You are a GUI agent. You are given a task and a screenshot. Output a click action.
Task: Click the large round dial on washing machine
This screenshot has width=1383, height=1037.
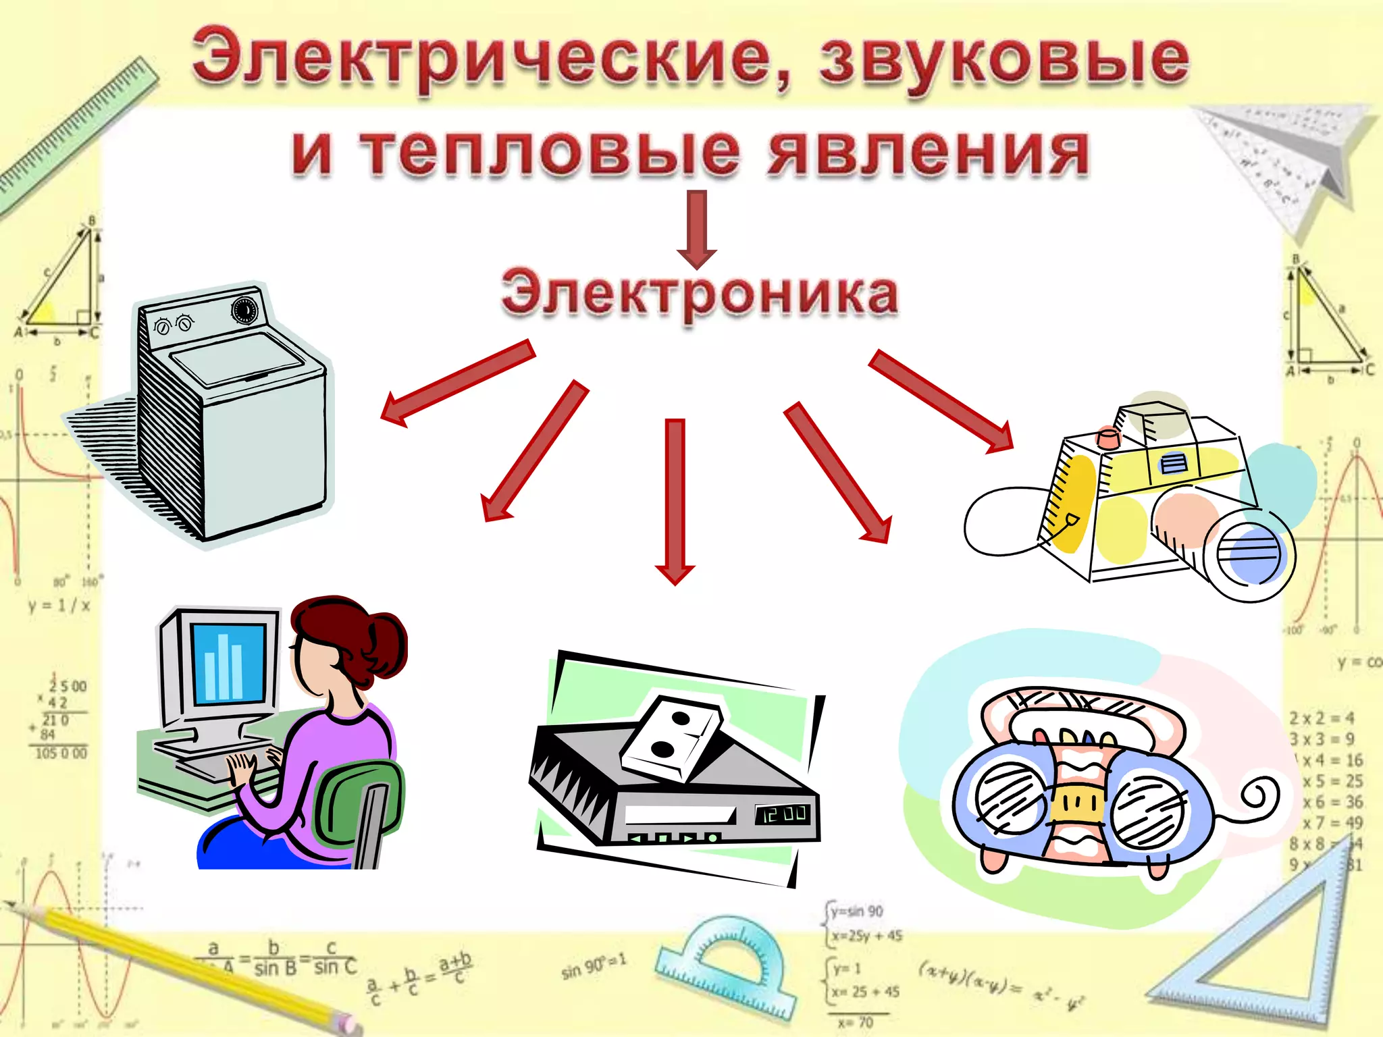click(244, 311)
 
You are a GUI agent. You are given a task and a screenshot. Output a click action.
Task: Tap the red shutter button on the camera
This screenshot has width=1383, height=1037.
click(1108, 437)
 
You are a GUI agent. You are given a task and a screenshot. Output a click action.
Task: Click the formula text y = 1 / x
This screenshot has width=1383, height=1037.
click(59, 605)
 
